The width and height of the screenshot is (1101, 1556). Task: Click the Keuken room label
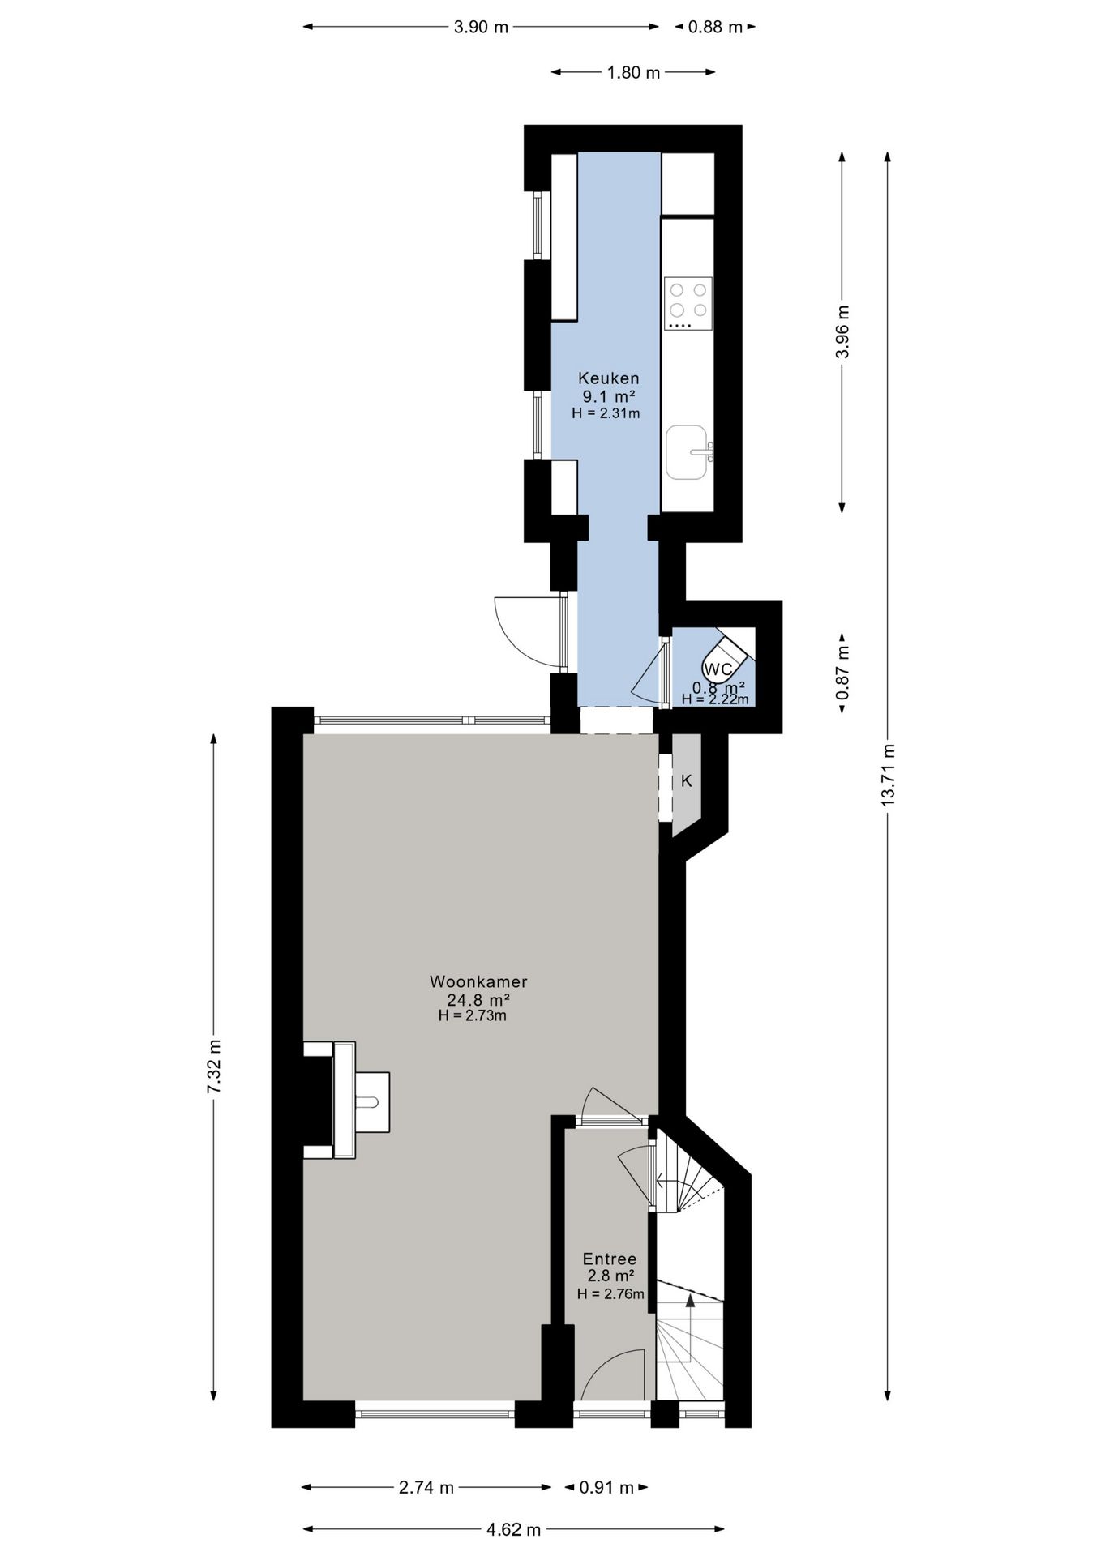click(608, 378)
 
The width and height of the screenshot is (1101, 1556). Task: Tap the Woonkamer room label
click(478, 981)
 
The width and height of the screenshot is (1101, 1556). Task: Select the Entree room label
click(610, 1259)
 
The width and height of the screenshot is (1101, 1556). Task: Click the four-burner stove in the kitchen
click(688, 303)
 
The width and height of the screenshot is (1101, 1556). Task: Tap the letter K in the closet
click(687, 781)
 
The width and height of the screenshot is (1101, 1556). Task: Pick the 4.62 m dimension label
click(513, 1529)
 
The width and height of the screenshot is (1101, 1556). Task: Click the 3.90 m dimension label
click(481, 27)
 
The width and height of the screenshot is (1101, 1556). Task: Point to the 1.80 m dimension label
click(633, 72)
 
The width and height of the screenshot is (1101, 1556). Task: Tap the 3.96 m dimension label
click(842, 331)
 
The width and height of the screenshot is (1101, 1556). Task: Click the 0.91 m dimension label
click(606, 1487)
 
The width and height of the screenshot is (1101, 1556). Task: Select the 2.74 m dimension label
click(426, 1487)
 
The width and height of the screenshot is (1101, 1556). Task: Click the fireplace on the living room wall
click(346, 1100)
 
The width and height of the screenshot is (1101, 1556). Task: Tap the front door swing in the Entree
click(614, 1374)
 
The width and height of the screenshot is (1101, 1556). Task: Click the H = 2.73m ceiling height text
click(473, 1015)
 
